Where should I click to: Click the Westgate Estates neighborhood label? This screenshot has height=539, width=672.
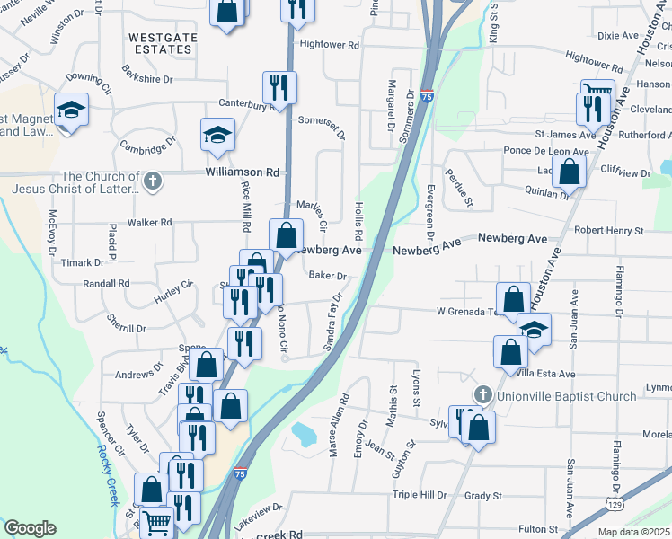click(x=160, y=43)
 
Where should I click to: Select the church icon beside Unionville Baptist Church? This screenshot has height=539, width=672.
click(x=482, y=395)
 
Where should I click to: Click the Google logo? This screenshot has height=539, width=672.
click(x=30, y=528)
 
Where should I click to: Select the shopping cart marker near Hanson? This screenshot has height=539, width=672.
click(x=597, y=93)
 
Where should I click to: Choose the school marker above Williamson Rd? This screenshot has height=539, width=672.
click(x=216, y=135)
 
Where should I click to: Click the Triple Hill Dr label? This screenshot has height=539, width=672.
click(x=420, y=495)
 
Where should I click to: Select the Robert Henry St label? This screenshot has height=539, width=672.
click(x=609, y=231)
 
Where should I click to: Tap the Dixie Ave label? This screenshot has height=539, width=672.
click(x=616, y=36)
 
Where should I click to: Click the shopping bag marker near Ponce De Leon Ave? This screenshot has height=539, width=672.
click(x=569, y=169)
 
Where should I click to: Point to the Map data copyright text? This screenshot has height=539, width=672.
click(x=633, y=532)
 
